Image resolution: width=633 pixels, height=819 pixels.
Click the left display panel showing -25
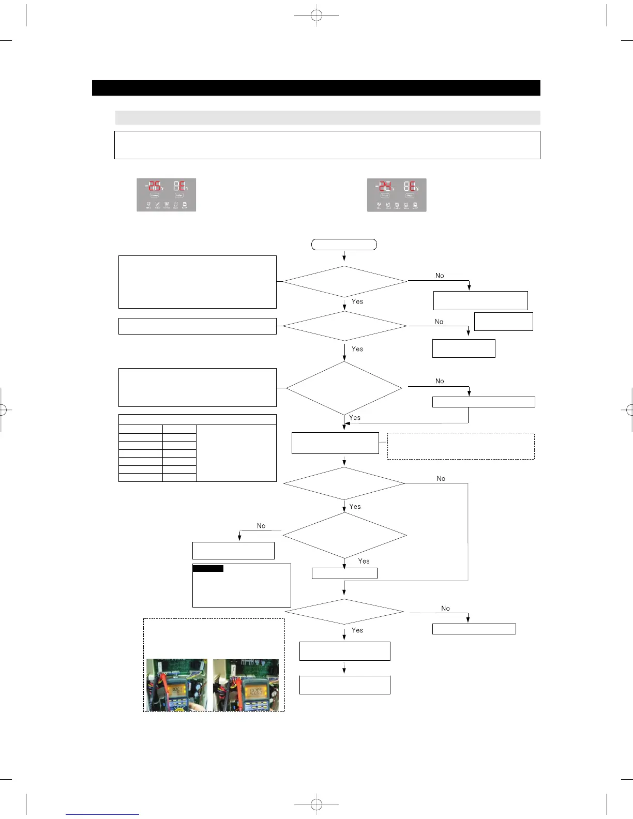pyautogui.click(x=166, y=195)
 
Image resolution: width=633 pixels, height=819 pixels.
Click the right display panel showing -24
pyautogui.click(x=397, y=195)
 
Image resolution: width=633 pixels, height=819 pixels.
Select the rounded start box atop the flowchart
pyautogui.click(x=344, y=245)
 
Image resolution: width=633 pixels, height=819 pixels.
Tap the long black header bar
pyautogui.click(x=316, y=88)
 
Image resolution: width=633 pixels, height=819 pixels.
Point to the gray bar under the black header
pyautogui.click(x=327, y=117)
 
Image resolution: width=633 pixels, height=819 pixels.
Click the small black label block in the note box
pyautogui.click(x=208, y=569)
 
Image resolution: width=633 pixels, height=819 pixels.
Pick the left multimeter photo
pyautogui.click(x=177, y=685)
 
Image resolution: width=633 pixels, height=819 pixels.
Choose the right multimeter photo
pyautogui.click(x=246, y=685)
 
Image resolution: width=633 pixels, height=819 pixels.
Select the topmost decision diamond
pyautogui.click(x=344, y=281)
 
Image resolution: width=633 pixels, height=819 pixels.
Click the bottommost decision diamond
pyautogui.click(x=344, y=612)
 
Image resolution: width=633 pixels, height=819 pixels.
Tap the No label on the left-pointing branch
pyautogui.click(x=261, y=526)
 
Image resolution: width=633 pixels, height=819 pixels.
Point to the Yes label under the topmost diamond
pyautogui.click(x=357, y=301)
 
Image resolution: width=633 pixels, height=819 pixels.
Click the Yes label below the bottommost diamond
pyautogui.click(x=357, y=630)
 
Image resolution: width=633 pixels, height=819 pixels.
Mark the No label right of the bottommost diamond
pyautogui.click(x=445, y=609)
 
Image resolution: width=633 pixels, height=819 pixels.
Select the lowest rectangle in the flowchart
pyautogui.click(x=344, y=685)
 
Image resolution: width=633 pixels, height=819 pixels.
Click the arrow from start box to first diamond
pyautogui.click(x=344, y=255)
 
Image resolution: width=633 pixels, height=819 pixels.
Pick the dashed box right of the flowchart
pyautogui.click(x=461, y=446)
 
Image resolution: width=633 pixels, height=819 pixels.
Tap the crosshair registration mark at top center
pyautogui.click(x=317, y=16)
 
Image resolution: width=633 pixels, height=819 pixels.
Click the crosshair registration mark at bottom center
pyautogui.click(x=317, y=805)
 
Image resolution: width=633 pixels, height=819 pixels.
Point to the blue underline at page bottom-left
pyautogui.click(x=102, y=814)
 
